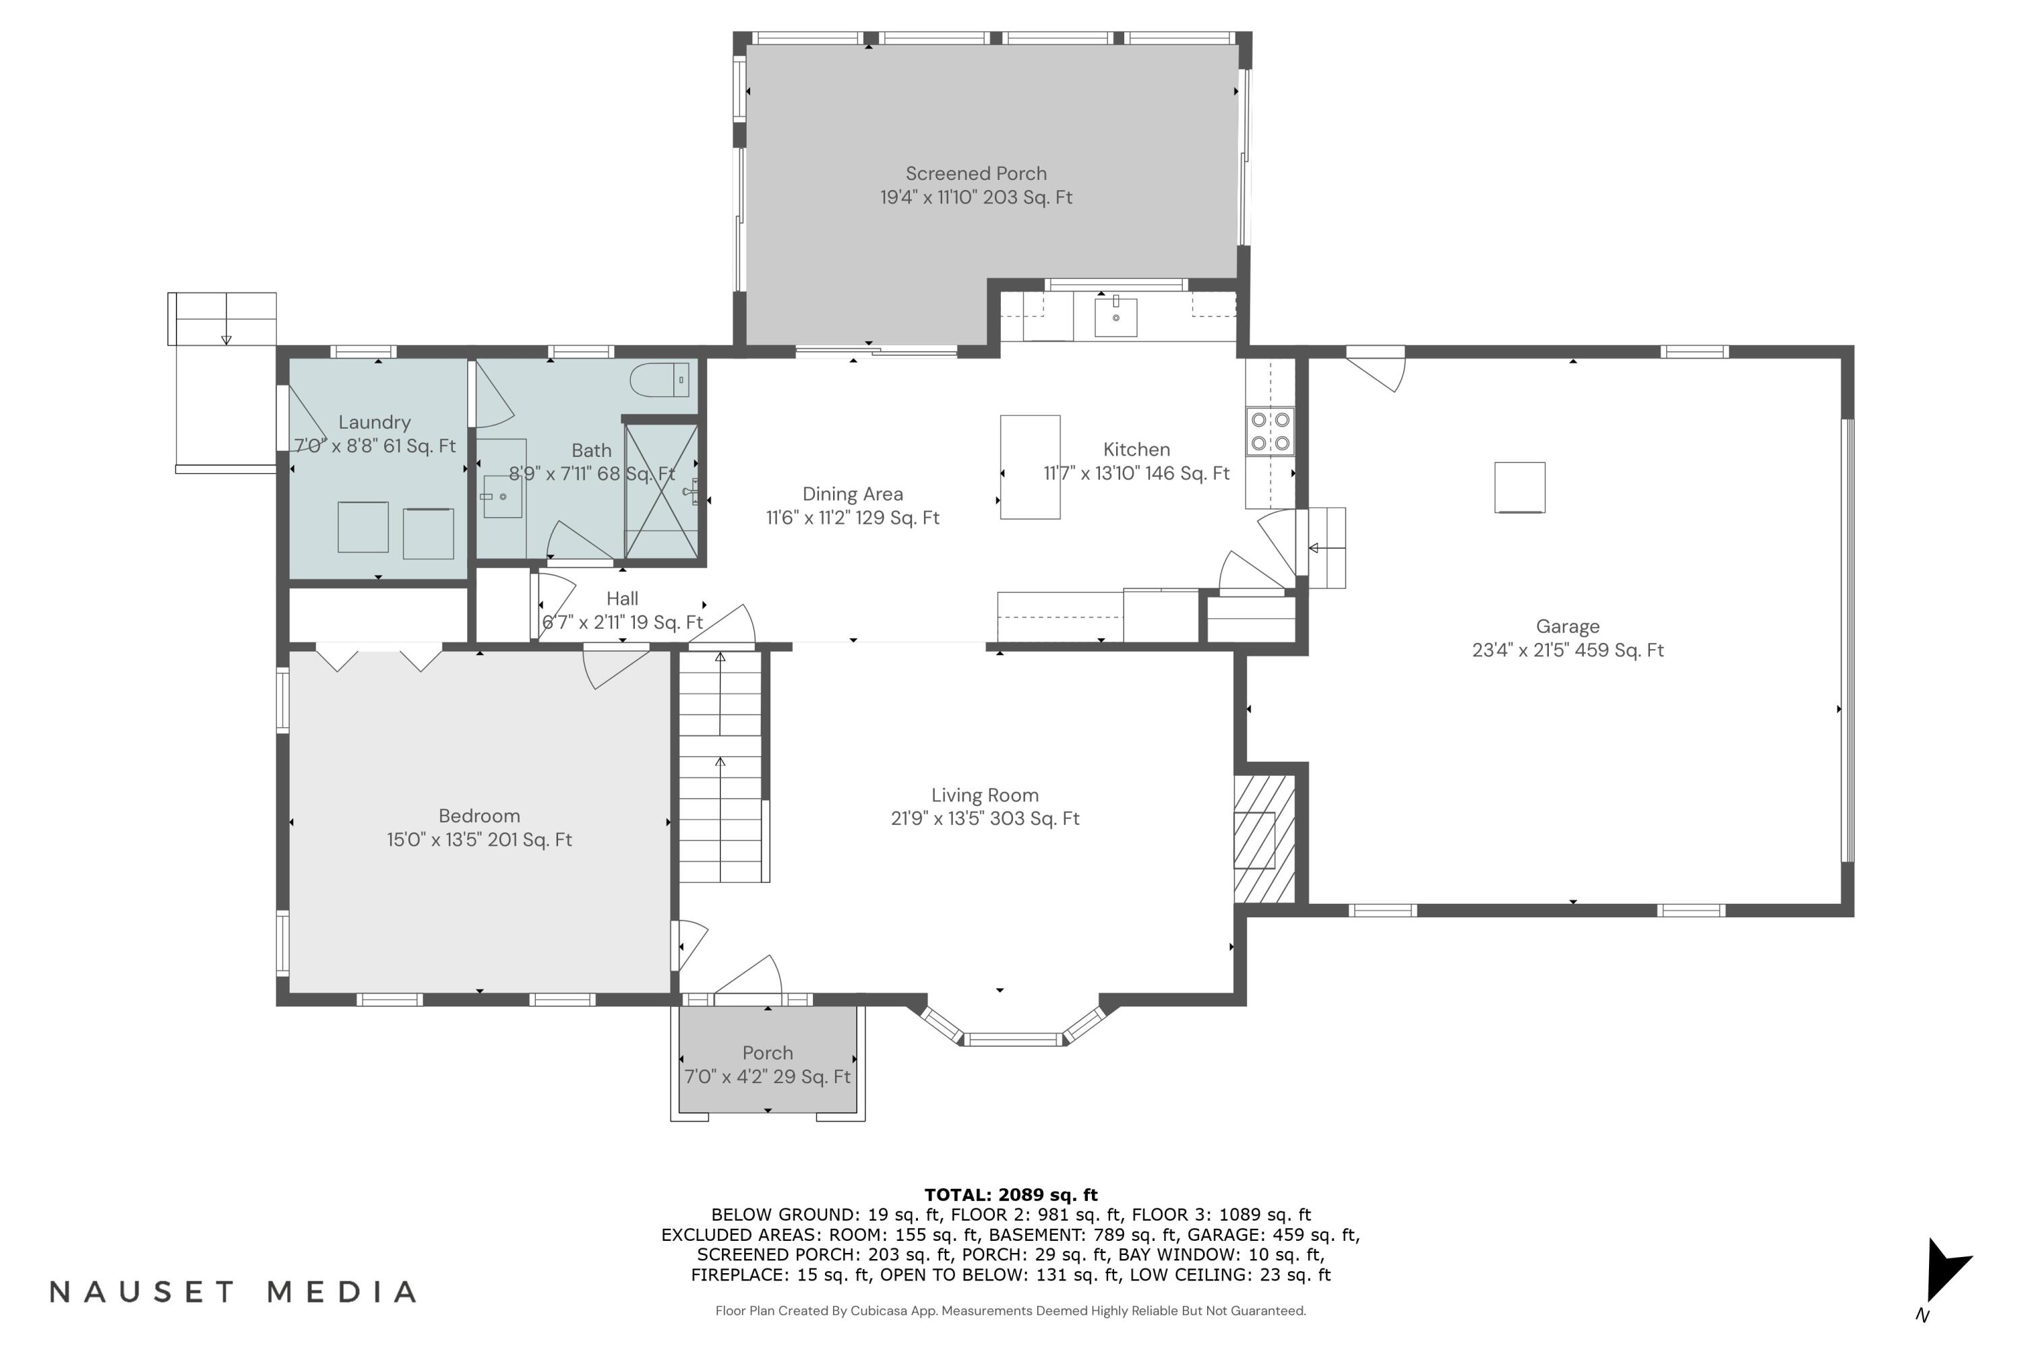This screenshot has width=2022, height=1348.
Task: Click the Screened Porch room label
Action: point(976,174)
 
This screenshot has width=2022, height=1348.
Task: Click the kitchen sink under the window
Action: point(1115,317)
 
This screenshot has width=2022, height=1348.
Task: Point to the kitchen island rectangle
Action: point(1030,467)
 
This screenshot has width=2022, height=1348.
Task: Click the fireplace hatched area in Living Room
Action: point(1264,839)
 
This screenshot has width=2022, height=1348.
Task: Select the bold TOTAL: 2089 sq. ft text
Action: point(1010,1194)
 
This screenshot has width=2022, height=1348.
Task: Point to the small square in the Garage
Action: point(1519,487)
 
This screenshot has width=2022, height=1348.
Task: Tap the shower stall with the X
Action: point(661,491)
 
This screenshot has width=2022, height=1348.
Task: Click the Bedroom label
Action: point(479,816)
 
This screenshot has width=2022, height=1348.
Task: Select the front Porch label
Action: point(767,1053)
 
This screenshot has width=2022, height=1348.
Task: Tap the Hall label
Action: point(621,599)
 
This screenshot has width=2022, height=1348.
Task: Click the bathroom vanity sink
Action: point(502,497)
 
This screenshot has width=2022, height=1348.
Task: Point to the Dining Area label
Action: point(852,494)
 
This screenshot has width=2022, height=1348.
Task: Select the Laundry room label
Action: point(374,422)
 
